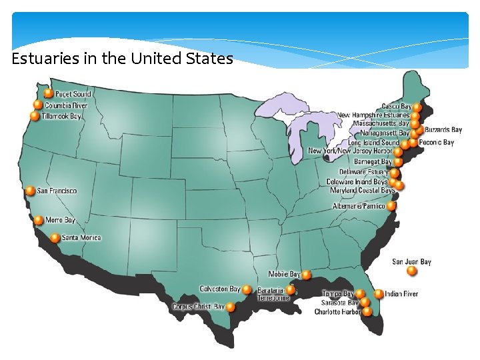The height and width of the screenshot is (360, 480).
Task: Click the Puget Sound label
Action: pyautogui.click(x=73, y=94)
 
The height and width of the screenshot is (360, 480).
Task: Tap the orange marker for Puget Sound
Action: pyautogui.click(x=48, y=94)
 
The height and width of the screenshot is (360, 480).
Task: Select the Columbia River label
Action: pyautogui.click(x=66, y=105)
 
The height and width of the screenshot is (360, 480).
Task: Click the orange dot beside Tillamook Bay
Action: pyautogui.click(x=35, y=116)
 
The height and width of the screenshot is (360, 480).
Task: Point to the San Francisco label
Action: pyautogui.click(x=57, y=191)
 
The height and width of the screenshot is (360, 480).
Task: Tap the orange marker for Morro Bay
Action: pyautogui.click(x=39, y=220)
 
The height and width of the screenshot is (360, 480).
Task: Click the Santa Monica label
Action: pyautogui.click(x=81, y=237)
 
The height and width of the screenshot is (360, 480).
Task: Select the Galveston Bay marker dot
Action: pyautogui.click(x=247, y=289)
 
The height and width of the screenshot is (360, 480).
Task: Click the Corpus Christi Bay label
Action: pyautogui.click(x=198, y=307)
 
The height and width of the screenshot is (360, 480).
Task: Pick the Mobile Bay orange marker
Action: pyautogui.click(x=306, y=274)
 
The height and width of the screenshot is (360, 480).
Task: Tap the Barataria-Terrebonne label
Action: pyautogui.click(x=273, y=295)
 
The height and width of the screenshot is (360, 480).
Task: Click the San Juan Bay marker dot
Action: pyautogui.click(x=412, y=271)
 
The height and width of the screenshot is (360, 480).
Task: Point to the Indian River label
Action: pyautogui.click(x=401, y=294)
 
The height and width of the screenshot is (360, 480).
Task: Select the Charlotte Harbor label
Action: pyautogui.click(x=337, y=311)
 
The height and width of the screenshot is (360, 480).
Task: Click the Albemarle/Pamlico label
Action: pyautogui.click(x=359, y=207)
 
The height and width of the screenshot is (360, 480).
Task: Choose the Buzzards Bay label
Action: pyautogui.click(x=443, y=130)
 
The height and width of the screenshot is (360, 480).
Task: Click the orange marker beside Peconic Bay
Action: pyautogui.click(x=413, y=142)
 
